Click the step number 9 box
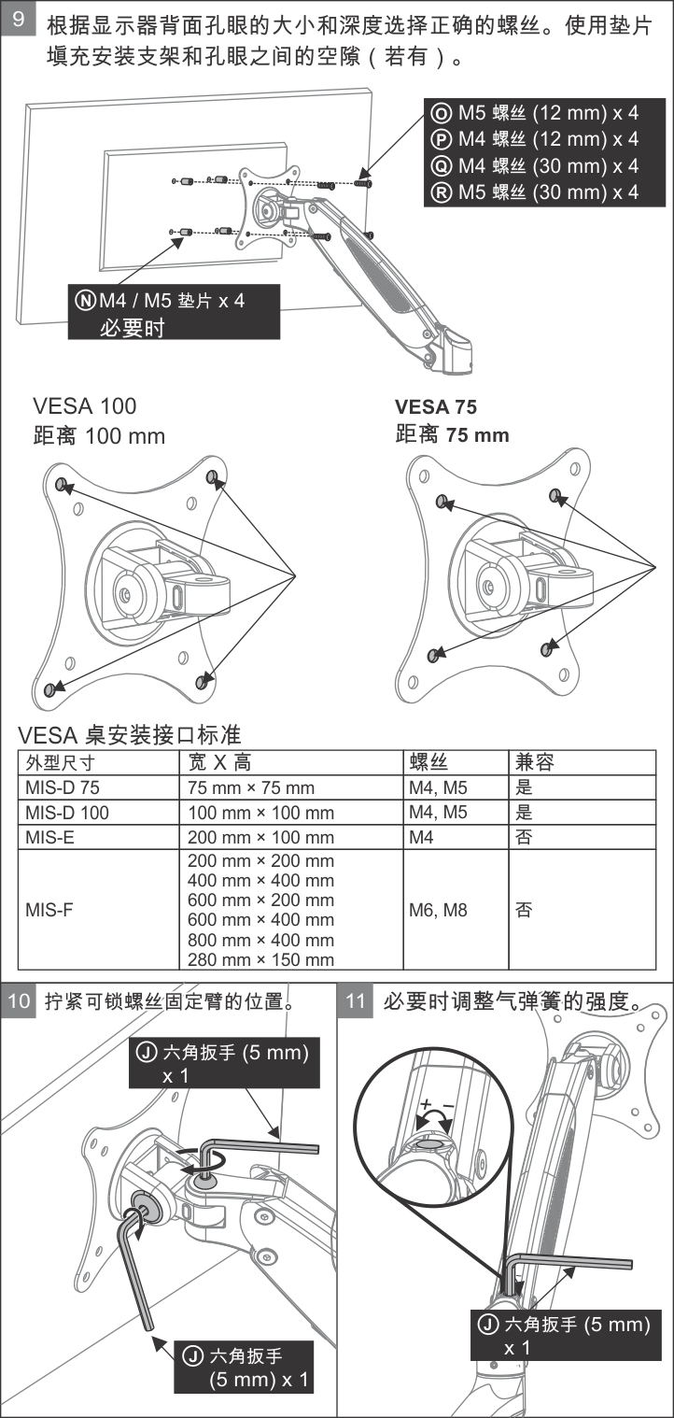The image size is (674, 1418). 19,19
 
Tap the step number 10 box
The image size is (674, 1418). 19,1000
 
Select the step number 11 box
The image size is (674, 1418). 356,1000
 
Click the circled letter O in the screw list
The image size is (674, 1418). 441,113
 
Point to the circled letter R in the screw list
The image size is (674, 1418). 441,192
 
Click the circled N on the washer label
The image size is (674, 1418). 86,300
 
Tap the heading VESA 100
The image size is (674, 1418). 85,405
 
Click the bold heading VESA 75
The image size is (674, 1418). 435,406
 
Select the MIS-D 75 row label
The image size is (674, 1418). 63,787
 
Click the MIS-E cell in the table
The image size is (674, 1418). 50,837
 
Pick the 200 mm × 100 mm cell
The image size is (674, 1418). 260,837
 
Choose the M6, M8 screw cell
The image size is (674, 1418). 438,910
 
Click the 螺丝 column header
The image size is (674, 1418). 428,762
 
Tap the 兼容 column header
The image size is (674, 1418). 535,762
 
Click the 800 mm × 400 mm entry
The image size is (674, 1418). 260,940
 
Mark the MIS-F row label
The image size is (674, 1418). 49,910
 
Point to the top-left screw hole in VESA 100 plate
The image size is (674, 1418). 62,484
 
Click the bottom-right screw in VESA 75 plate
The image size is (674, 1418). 547,649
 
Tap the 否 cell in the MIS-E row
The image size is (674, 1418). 524,837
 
